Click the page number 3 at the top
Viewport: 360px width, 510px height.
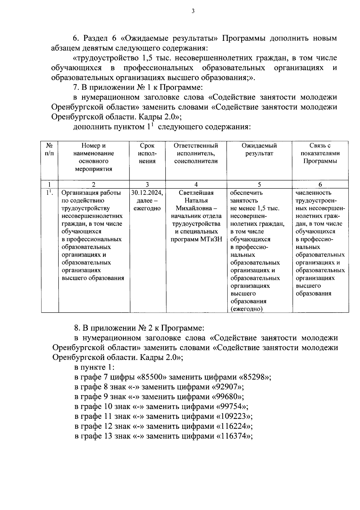(193, 11)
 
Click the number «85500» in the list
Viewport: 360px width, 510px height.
(154, 377)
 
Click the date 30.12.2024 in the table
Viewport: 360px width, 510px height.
(147, 193)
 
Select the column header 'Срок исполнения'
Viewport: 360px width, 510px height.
(147, 153)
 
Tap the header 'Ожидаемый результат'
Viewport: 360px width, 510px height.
(259, 149)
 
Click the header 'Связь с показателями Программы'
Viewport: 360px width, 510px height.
(320, 153)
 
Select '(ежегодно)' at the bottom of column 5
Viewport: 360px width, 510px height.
(246, 309)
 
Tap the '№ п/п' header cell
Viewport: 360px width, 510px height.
(49, 149)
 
